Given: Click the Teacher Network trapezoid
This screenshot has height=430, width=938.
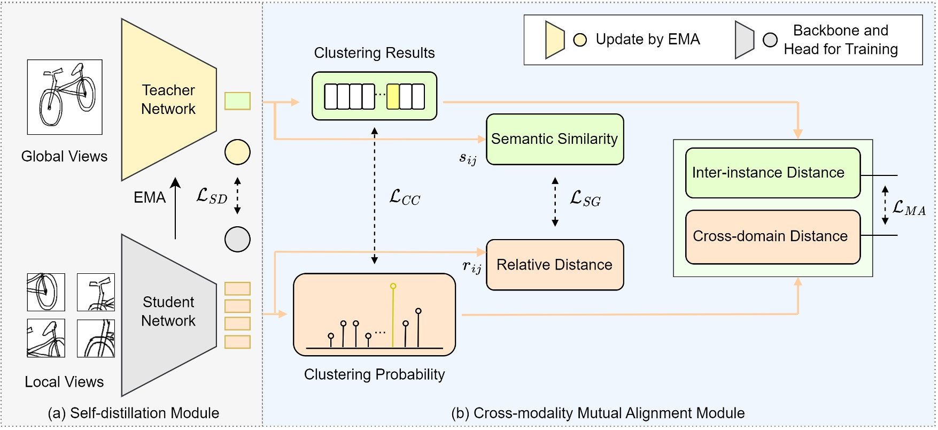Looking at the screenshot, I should pos(168,99).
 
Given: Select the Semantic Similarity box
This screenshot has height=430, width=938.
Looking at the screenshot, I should pos(555,139).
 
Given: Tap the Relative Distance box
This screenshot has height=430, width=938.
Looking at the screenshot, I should pos(555,265).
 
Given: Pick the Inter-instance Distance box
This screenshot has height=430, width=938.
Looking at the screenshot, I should pos(772,173).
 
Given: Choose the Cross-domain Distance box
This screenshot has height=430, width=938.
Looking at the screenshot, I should pos(772,236).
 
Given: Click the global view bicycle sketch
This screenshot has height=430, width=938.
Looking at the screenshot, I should pos(65,97).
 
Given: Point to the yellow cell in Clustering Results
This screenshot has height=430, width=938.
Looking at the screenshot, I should pos(393,96).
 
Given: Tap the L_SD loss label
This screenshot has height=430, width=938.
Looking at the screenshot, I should pos(212,196).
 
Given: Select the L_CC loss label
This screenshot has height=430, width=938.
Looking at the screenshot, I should pos(405,197).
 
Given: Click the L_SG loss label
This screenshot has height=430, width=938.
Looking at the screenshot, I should pos(585,199).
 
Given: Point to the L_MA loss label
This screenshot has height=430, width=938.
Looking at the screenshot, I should pos(909,208).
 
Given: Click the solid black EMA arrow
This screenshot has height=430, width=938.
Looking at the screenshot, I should pos(175,209).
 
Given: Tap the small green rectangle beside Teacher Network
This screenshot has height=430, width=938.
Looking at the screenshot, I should pos(237,101).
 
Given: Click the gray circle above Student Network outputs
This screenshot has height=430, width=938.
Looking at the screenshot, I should pos(237,239).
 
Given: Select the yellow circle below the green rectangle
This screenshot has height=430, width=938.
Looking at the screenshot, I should pos(237,152).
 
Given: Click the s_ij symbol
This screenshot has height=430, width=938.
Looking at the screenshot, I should pos(468,158).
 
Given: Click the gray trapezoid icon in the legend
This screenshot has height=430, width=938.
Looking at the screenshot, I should pos(743,40).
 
